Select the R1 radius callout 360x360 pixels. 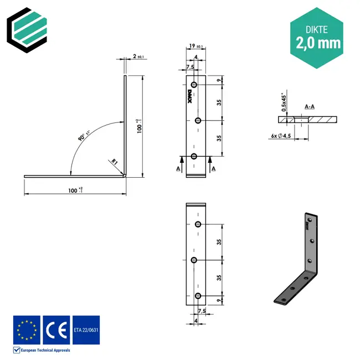114,161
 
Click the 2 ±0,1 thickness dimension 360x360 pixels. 137,56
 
